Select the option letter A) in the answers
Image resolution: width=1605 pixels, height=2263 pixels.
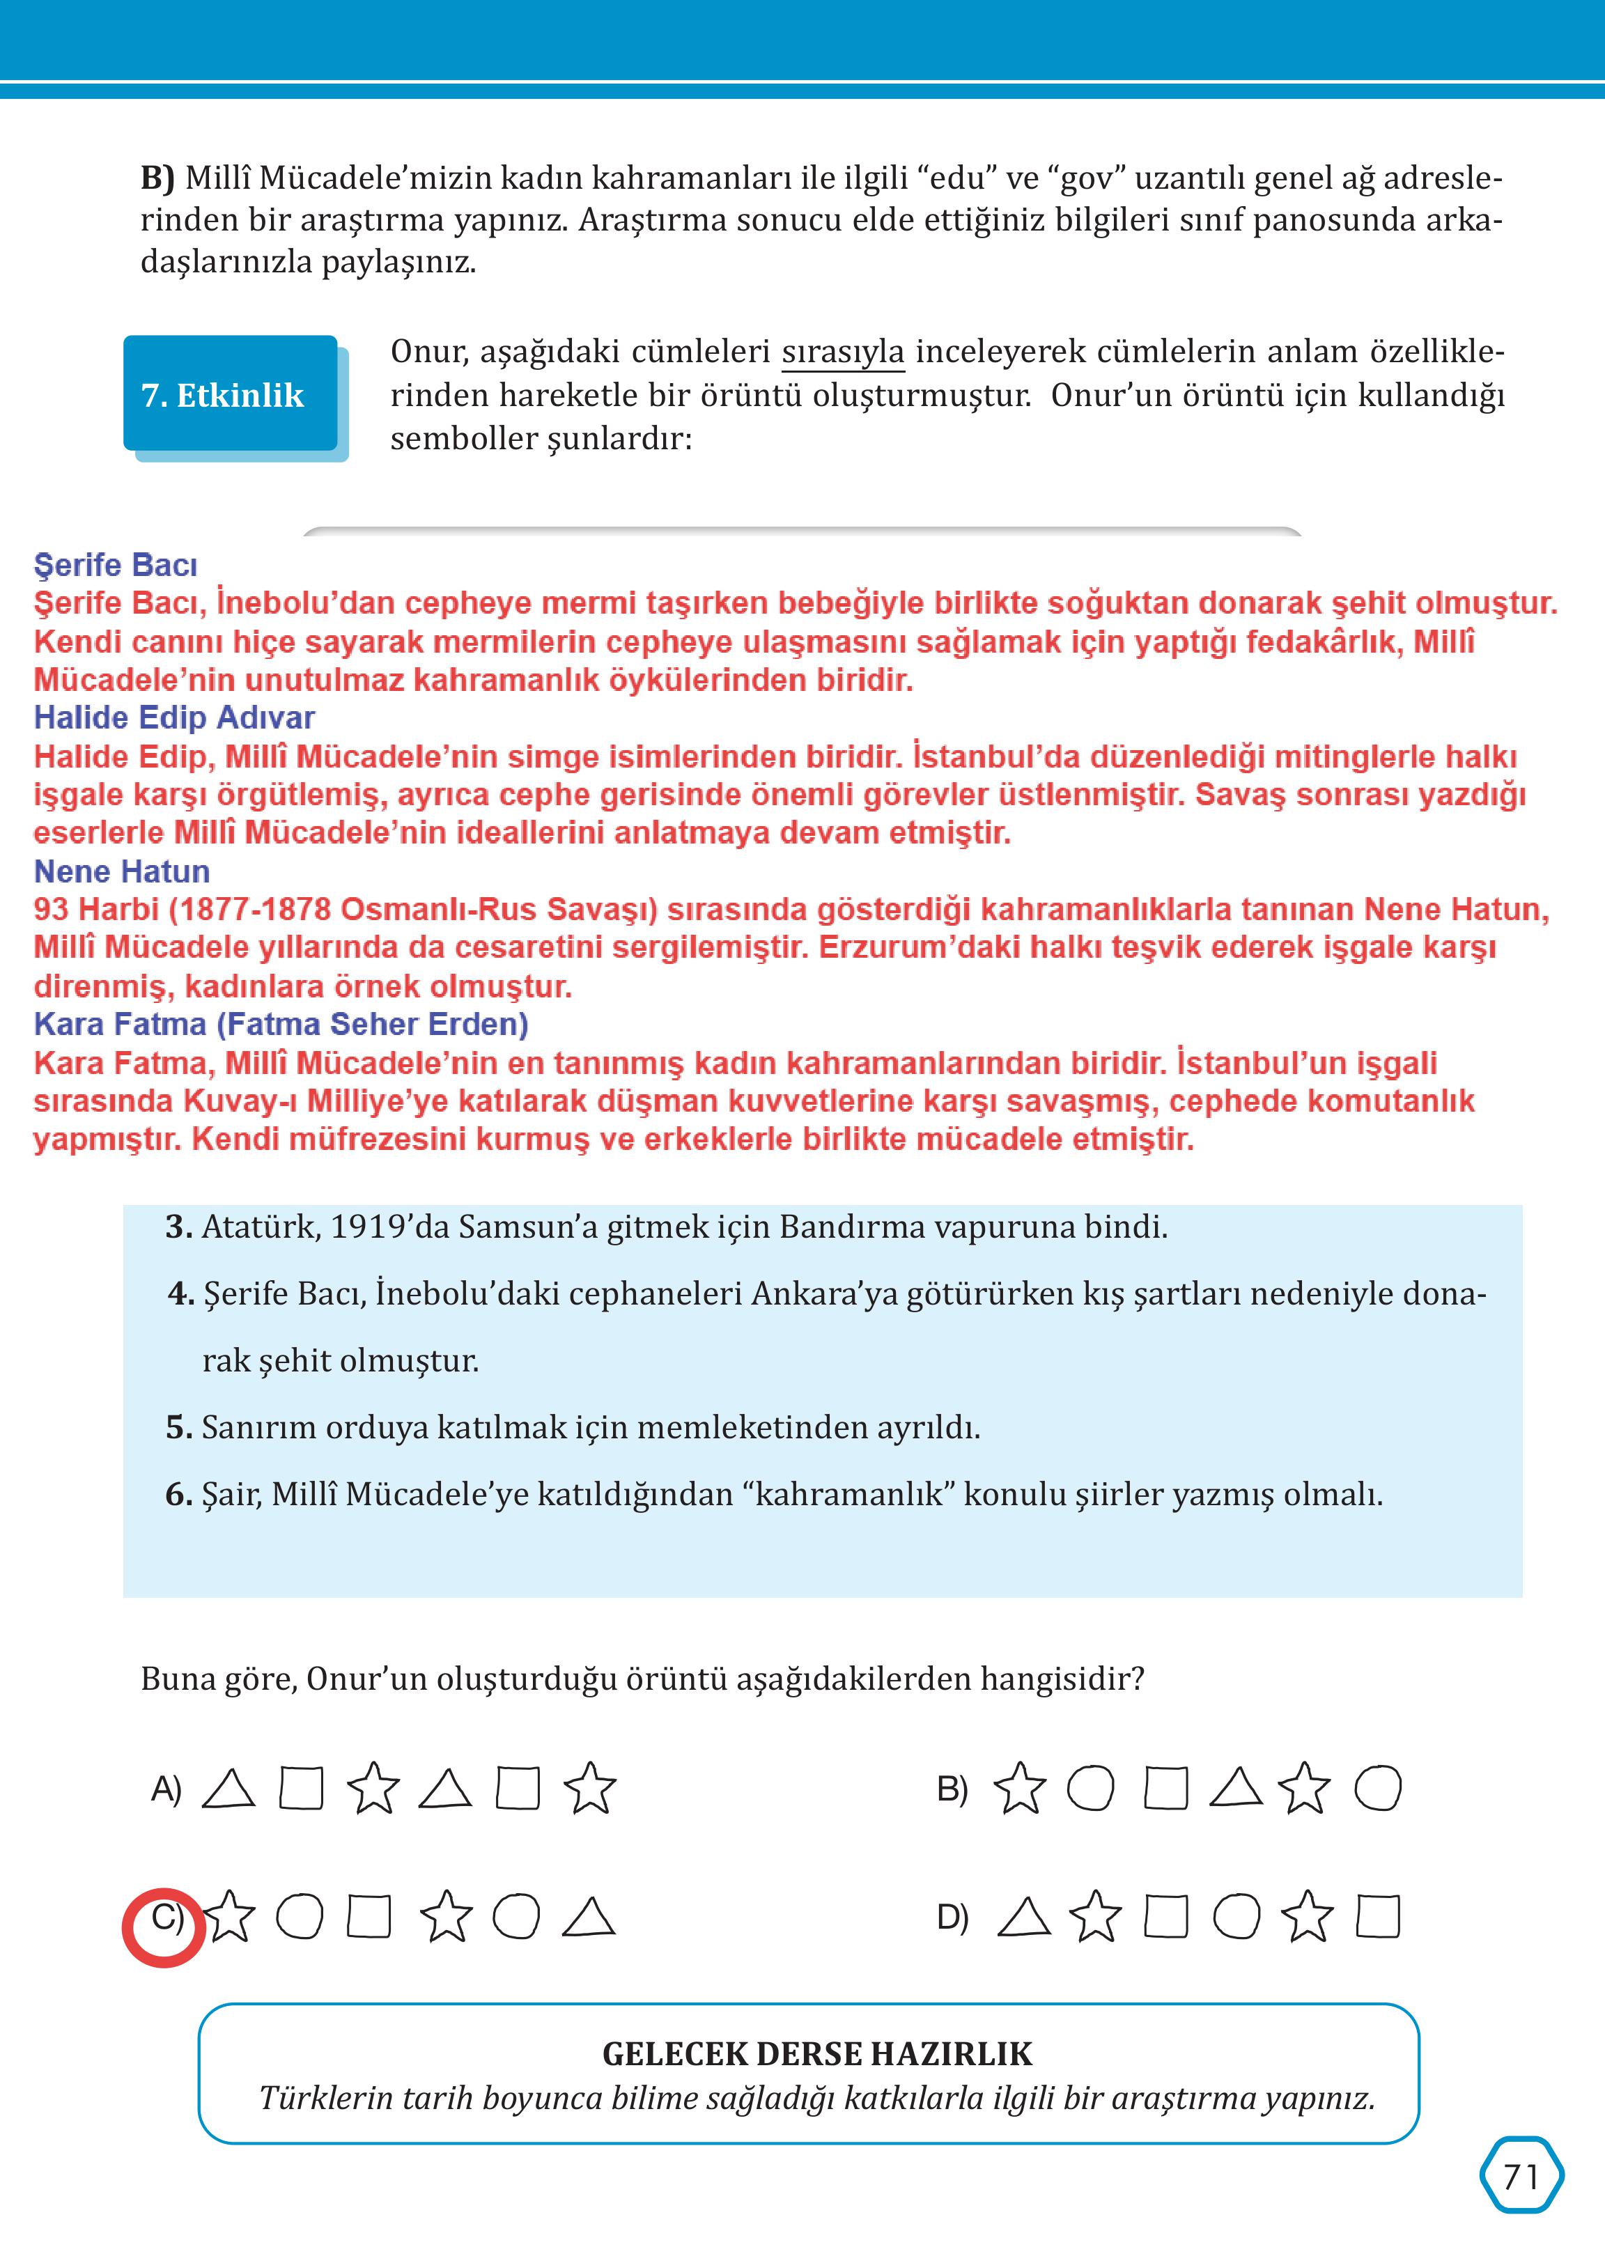pyautogui.click(x=166, y=1789)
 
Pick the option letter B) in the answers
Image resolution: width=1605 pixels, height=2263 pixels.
pyautogui.click(x=952, y=1789)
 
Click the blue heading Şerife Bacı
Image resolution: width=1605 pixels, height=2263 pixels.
pyautogui.click(x=116, y=566)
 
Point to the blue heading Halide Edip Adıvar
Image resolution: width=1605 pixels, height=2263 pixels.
pyautogui.click(x=174, y=717)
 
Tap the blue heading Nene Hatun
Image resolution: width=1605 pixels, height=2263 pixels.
pyautogui.click(x=122, y=871)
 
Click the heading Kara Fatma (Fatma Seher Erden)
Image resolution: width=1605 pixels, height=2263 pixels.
pyautogui.click(x=281, y=1025)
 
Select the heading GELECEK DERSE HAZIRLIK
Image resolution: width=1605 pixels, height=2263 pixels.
pyautogui.click(x=816, y=2053)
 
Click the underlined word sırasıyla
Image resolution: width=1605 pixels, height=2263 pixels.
pyautogui.click(x=842, y=352)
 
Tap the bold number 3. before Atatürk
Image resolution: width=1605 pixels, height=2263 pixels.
pyautogui.click(x=178, y=1227)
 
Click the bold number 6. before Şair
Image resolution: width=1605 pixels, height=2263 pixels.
pyautogui.click(x=178, y=1494)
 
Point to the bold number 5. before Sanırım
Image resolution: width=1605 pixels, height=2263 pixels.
pyautogui.click(x=178, y=1427)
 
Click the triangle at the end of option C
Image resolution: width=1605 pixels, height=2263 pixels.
pyautogui.click(x=589, y=1917)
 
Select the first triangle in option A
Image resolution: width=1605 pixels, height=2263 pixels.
pyautogui.click(x=228, y=1789)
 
